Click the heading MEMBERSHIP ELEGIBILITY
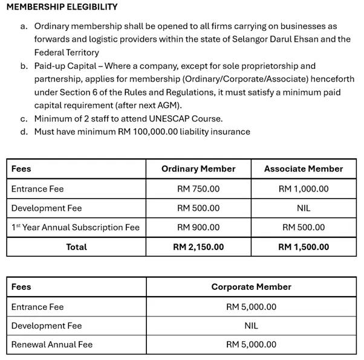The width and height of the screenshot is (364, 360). point(61,7)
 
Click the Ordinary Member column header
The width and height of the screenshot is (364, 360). point(198,169)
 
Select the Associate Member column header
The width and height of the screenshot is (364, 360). point(304,169)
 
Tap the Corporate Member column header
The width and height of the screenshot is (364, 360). point(251,287)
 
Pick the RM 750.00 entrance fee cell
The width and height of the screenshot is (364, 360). point(198,189)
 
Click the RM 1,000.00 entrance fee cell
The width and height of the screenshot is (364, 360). point(304,189)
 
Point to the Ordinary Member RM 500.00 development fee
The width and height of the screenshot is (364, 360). point(198,208)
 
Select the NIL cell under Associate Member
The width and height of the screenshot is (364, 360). point(304,208)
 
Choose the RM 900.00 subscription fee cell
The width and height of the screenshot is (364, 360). point(198,228)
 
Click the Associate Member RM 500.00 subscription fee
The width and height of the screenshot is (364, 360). point(304,228)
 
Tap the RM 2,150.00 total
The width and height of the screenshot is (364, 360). point(198,247)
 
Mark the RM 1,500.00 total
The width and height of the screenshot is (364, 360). point(304,247)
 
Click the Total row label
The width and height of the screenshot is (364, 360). point(76,247)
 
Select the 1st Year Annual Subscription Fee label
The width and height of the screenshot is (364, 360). point(76,228)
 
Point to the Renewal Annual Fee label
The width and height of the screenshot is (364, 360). point(52,345)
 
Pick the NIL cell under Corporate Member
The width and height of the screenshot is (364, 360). point(251,326)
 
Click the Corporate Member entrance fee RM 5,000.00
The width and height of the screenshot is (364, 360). point(251,307)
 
